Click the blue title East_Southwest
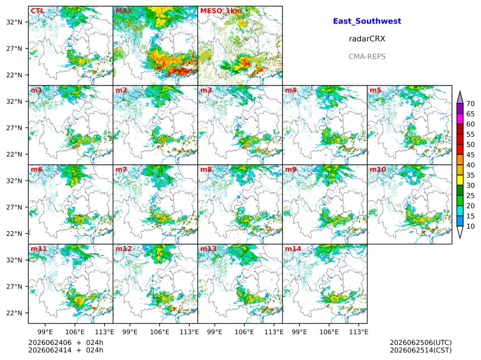[x=367, y=21]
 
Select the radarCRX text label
[x=367, y=39]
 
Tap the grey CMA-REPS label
[x=367, y=56]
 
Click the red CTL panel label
[x=37, y=11]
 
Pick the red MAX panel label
[x=124, y=11]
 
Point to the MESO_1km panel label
[x=221, y=11]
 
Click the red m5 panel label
[x=375, y=90]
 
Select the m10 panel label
[x=378, y=169]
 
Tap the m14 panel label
[x=293, y=249]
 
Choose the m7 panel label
[x=121, y=169]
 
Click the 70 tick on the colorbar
[x=470, y=104]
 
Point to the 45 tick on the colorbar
[x=470, y=155]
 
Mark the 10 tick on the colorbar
[x=470, y=226]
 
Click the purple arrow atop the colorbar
[x=460, y=97]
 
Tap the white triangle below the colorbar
[x=460, y=232]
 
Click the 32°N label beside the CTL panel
[x=14, y=22]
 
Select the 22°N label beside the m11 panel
[x=14, y=313]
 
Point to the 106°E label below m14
[x=329, y=332]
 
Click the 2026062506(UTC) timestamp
[x=421, y=343]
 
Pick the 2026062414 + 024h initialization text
[x=65, y=350]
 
